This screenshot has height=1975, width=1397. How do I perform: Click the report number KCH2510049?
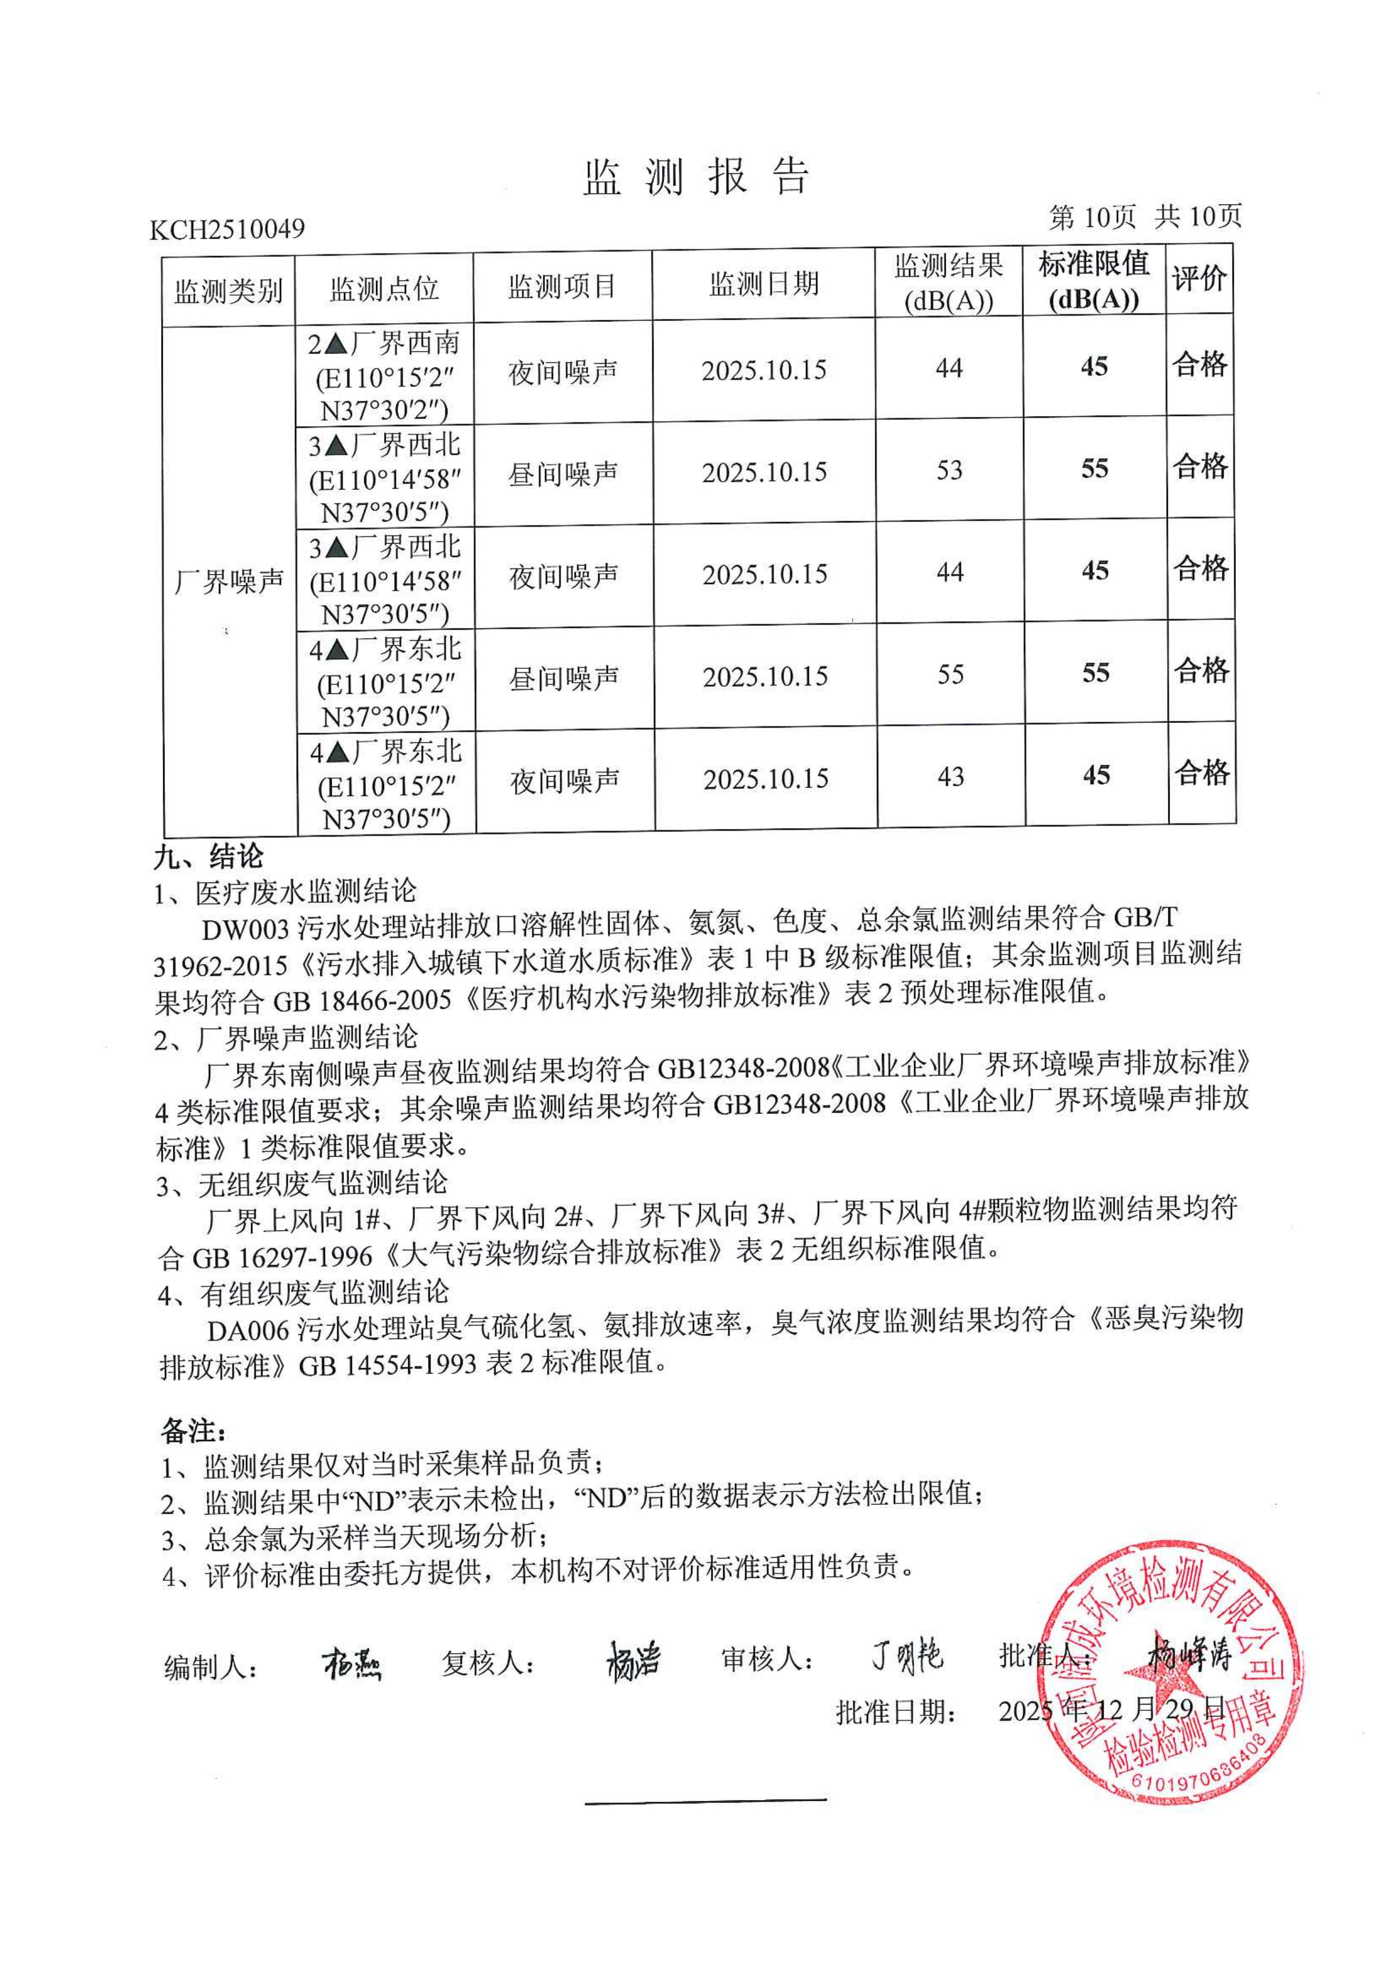pyautogui.click(x=227, y=229)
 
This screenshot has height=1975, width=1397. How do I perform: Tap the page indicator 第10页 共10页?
pyautogui.click(x=1145, y=217)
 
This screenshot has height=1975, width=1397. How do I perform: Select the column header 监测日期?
pyautogui.click(x=764, y=284)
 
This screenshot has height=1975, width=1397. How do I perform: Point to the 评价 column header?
pyautogui.click(x=1199, y=279)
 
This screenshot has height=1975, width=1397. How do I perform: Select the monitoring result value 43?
pyautogui.click(x=951, y=777)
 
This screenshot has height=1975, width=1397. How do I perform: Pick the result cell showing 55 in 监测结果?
pyautogui.click(x=951, y=675)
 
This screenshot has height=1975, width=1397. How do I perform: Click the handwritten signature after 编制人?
pyautogui.click(x=352, y=1665)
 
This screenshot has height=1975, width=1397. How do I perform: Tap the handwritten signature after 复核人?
pyautogui.click(x=633, y=1660)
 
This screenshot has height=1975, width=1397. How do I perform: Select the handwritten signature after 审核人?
pyautogui.click(x=907, y=1656)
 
